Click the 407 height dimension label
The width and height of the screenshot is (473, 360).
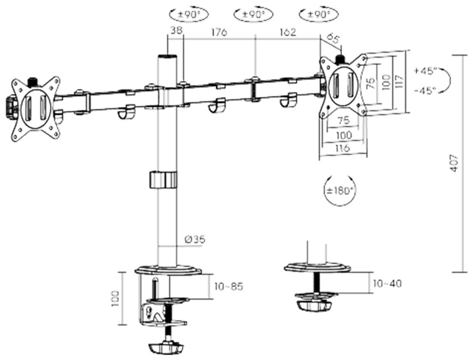tap(454, 163)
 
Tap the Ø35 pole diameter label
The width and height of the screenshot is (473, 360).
tap(194, 239)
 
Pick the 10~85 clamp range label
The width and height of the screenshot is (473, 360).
tap(229, 286)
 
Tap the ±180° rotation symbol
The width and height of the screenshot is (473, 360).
tap(341, 191)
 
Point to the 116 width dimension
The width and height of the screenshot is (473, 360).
tap(343, 148)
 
